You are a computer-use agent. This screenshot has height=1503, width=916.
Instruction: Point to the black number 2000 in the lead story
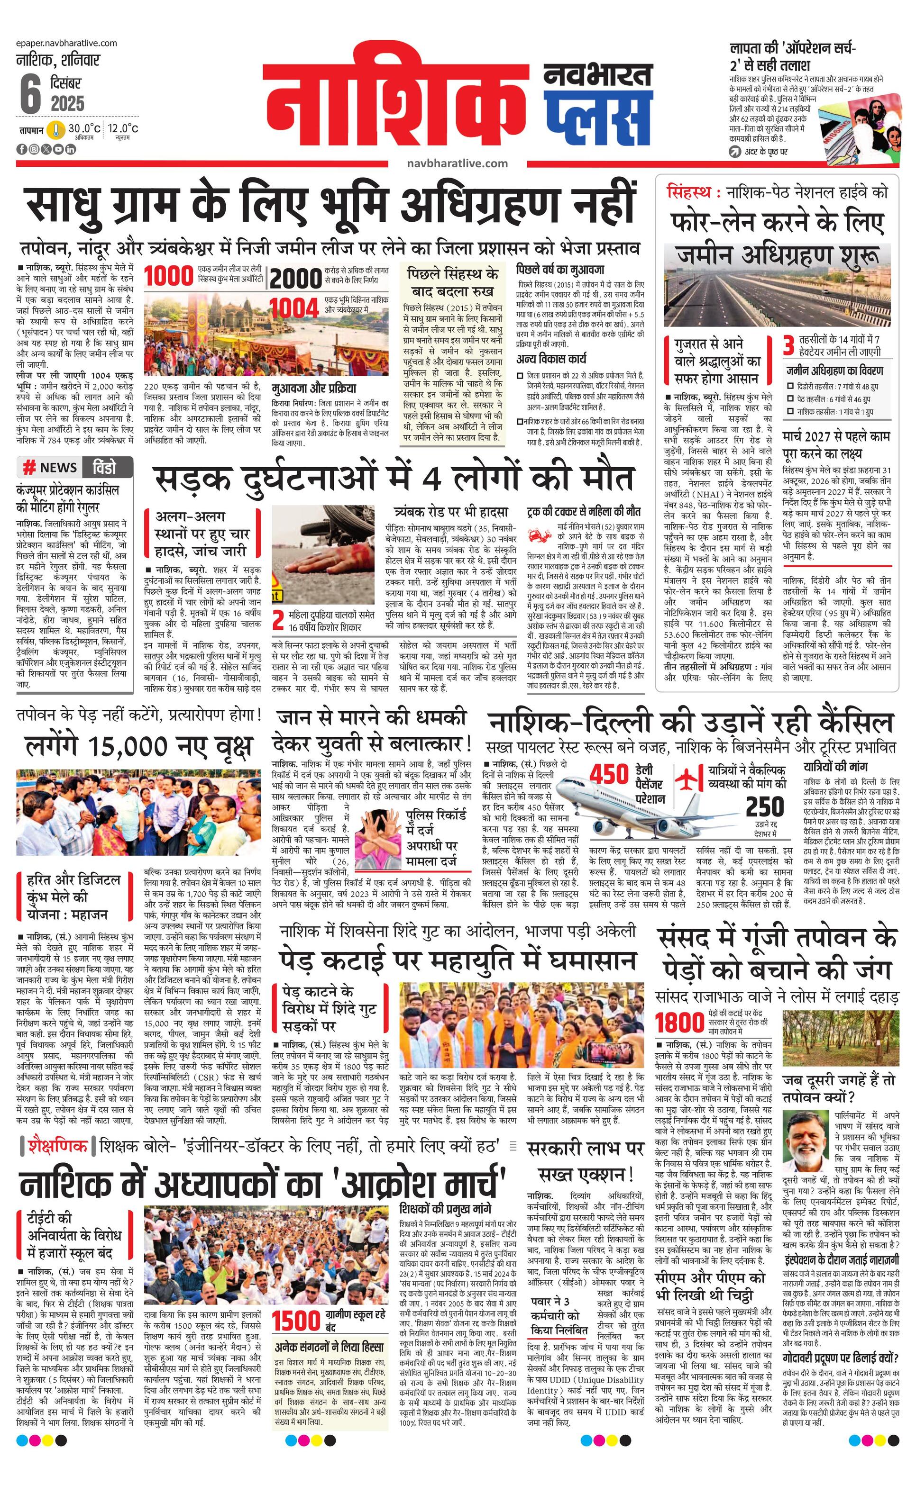296,279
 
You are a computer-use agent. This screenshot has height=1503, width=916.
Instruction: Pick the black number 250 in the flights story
765,807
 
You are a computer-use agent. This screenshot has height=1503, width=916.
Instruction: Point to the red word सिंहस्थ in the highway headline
689,193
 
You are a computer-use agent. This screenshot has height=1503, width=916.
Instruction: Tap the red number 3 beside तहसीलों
788,346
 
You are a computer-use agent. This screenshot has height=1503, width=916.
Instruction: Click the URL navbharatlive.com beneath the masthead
457,163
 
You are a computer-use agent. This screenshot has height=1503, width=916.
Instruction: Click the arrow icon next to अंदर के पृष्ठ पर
735,152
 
